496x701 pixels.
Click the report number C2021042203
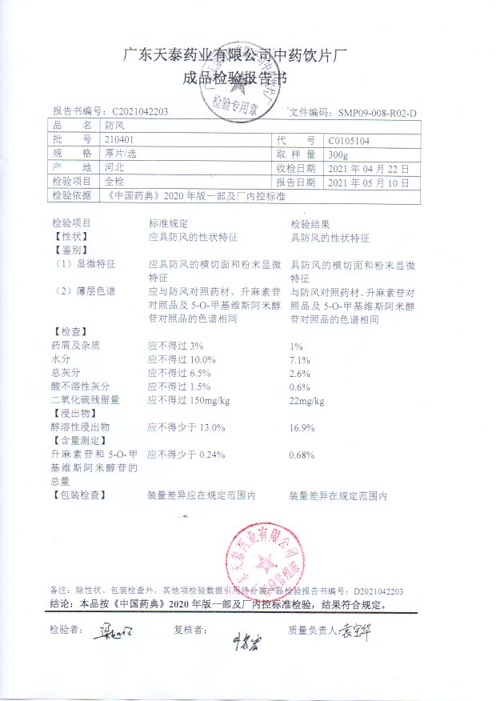tap(140, 112)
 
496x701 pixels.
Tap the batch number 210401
tap(117, 140)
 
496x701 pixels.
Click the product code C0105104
tap(349, 140)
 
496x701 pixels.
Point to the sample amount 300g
tap(338, 154)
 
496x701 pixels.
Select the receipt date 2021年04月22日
tap(368, 168)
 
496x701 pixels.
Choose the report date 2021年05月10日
tap(368, 182)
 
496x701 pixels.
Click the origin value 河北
tap(113, 168)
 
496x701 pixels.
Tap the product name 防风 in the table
tap(113, 126)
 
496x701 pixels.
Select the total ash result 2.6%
tap(298, 373)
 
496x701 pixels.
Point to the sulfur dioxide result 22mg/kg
tap(307, 400)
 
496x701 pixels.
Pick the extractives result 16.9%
tap(301, 428)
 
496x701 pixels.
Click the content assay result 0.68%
tap(301, 455)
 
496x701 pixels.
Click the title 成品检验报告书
tap(231, 79)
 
